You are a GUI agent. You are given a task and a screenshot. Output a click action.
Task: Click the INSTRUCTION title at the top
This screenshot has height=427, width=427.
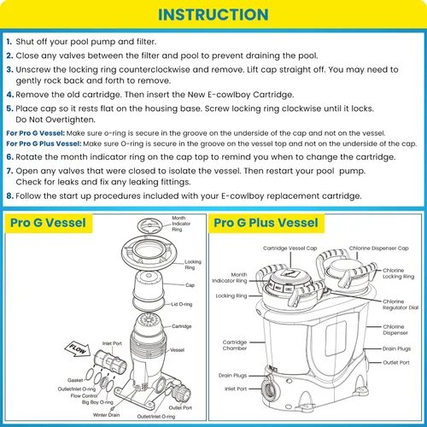click(x=213, y=15)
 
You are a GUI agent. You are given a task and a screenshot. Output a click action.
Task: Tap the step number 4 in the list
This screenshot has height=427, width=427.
click(x=10, y=95)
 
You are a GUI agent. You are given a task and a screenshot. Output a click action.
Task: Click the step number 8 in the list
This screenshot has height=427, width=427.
click(x=10, y=196)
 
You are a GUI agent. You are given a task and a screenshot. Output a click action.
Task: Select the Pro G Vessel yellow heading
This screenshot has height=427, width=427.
click(x=49, y=223)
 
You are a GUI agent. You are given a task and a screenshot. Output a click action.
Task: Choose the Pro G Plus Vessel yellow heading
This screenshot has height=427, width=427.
click(x=266, y=223)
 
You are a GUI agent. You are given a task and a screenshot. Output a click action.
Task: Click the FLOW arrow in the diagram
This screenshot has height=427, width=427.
click(x=78, y=348)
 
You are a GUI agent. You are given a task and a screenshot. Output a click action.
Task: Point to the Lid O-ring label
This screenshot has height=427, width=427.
click(x=182, y=304)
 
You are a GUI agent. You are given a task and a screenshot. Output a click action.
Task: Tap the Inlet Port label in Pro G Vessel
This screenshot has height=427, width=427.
click(x=112, y=343)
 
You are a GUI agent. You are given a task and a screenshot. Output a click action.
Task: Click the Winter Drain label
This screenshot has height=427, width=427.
click(x=106, y=415)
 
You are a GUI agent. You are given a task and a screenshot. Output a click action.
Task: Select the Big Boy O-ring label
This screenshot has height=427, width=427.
click(x=97, y=402)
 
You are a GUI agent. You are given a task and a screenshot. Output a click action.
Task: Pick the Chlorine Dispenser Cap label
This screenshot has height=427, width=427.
click(x=378, y=249)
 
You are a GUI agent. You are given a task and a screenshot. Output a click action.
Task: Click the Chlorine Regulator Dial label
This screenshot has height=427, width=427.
click(x=401, y=304)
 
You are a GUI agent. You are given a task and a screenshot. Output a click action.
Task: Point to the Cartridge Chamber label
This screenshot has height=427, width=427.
click(x=235, y=345)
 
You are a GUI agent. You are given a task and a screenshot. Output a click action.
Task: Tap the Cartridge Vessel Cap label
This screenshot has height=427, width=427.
click(x=290, y=249)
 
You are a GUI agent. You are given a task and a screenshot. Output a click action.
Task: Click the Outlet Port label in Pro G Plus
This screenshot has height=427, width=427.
click(x=396, y=362)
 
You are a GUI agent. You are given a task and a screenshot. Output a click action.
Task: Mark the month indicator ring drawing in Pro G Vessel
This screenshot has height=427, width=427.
click(x=149, y=225)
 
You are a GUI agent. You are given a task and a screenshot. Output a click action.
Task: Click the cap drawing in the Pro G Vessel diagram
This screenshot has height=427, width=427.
click(x=149, y=286)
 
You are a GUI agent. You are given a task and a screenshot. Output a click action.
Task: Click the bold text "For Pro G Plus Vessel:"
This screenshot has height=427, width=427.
click(x=44, y=143)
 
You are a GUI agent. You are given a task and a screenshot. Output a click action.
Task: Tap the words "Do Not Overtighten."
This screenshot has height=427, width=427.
click(x=56, y=120)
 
